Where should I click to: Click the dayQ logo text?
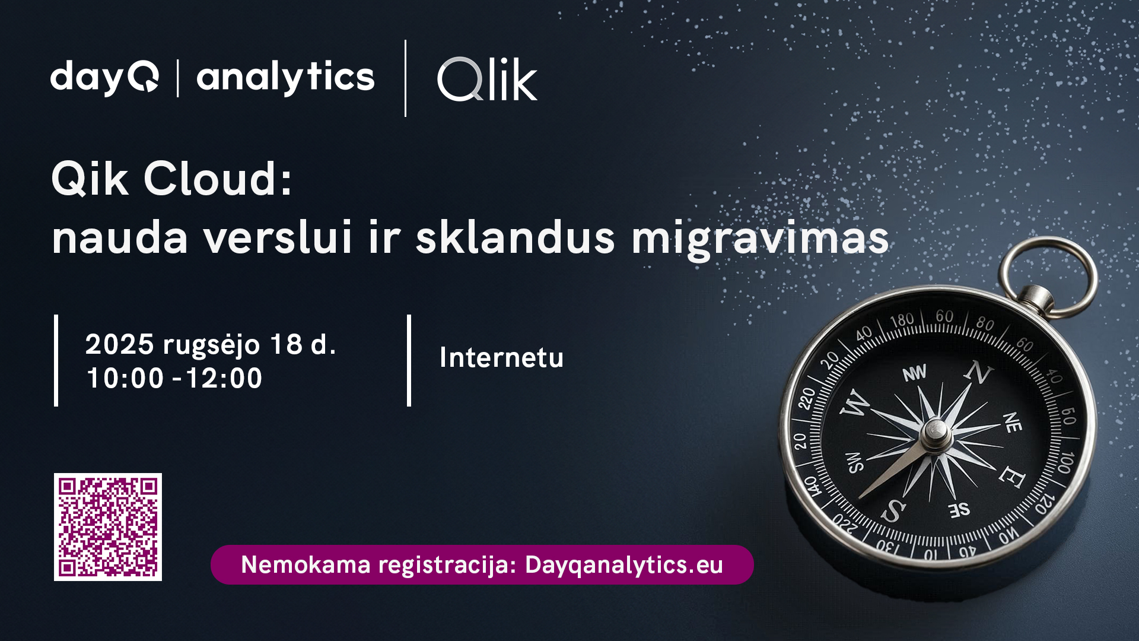[104, 78]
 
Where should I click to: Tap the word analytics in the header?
[285, 78]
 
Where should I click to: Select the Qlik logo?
[487, 79]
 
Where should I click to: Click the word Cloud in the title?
[218, 179]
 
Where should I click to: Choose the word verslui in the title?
[278, 238]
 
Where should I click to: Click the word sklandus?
[515, 237]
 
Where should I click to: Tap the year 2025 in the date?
[120, 344]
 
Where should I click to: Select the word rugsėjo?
[211, 345]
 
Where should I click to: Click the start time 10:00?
[125, 378]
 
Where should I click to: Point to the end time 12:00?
[224, 378]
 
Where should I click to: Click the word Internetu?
[501, 357]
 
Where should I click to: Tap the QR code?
[108, 527]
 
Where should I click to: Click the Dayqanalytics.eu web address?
[624, 565]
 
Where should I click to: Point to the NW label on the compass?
[914, 373]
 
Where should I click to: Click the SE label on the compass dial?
[959, 509]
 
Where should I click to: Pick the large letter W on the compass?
[855, 404]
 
